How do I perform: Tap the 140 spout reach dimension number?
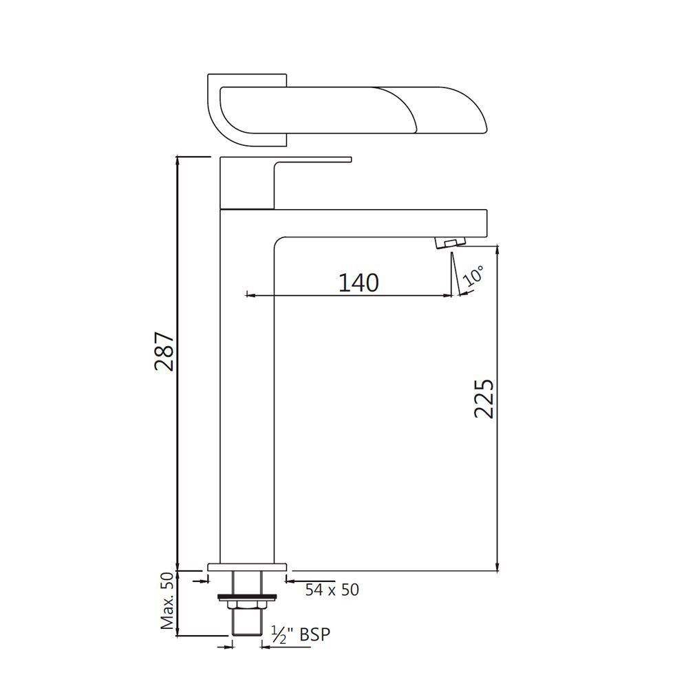point(358,282)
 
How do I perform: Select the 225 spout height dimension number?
point(484,398)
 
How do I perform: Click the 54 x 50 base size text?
point(332,590)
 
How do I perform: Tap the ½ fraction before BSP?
point(279,634)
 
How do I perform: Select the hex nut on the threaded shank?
point(247,604)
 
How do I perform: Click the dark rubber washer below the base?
point(247,595)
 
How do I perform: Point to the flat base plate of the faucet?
point(247,567)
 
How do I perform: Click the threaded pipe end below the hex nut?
point(247,625)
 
